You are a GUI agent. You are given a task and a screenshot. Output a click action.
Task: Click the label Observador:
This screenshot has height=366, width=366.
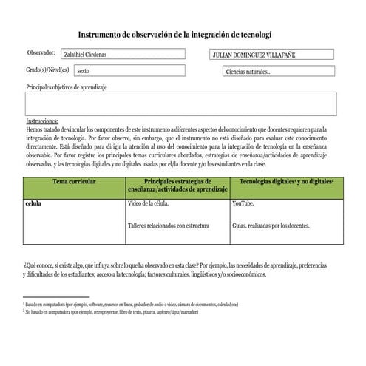(x=41, y=53)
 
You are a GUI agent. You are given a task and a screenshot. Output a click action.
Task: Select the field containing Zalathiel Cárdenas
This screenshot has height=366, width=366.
(x=123, y=54)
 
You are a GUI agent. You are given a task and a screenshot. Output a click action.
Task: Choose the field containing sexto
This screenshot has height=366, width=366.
(x=129, y=71)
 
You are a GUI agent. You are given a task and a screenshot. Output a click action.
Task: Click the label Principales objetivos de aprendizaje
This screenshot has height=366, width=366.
(x=67, y=87)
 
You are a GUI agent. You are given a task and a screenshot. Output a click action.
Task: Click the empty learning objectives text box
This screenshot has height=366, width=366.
(x=180, y=104)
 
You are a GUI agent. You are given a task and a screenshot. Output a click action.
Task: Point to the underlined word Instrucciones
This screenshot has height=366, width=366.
(x=42, y=121)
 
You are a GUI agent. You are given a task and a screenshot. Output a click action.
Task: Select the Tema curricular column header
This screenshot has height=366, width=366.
(x=74, y=181)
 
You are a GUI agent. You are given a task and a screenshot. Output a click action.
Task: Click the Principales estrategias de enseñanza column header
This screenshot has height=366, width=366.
(x=177, y=186)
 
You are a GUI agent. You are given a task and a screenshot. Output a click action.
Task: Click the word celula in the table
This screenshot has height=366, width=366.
(x=33, y=203)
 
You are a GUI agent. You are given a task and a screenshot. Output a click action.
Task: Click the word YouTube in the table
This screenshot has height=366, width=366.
(x=243, y=203)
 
